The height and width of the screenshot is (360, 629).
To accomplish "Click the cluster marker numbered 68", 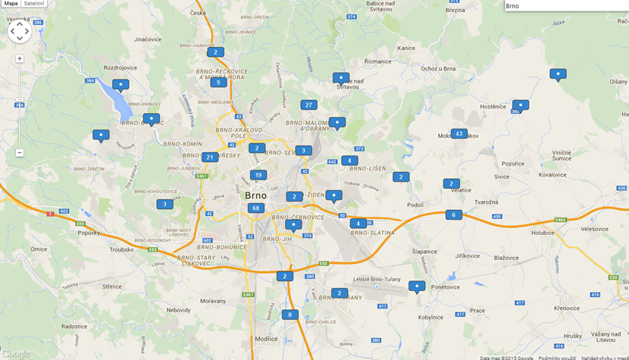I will (255, 208).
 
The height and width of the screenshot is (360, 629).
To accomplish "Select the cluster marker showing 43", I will (458, 133).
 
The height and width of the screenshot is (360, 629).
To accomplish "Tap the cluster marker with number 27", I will (308, 105).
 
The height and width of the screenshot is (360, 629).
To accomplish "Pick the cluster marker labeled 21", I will (210, 157).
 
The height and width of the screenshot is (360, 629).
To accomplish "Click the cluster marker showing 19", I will (258, 175).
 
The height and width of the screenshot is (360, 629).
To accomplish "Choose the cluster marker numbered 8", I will (289, 315).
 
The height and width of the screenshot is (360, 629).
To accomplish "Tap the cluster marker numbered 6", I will (453, 214).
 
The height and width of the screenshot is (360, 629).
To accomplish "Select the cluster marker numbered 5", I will (218, 82).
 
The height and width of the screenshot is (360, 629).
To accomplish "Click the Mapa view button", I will (11, 4).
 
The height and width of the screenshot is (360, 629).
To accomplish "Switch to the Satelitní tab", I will (34, 4).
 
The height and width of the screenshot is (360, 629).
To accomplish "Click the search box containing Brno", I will (565, 5).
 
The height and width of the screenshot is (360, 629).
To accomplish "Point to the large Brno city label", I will (255, 195).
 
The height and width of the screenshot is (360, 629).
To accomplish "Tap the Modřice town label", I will (266, 339).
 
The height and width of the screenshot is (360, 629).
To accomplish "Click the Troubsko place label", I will (121, 249).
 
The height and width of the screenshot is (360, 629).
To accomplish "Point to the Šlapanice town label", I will (424, 251).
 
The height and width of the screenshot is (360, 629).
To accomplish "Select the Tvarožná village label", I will (486, 202).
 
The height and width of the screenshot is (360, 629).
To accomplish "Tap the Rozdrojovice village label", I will (120, 67).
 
